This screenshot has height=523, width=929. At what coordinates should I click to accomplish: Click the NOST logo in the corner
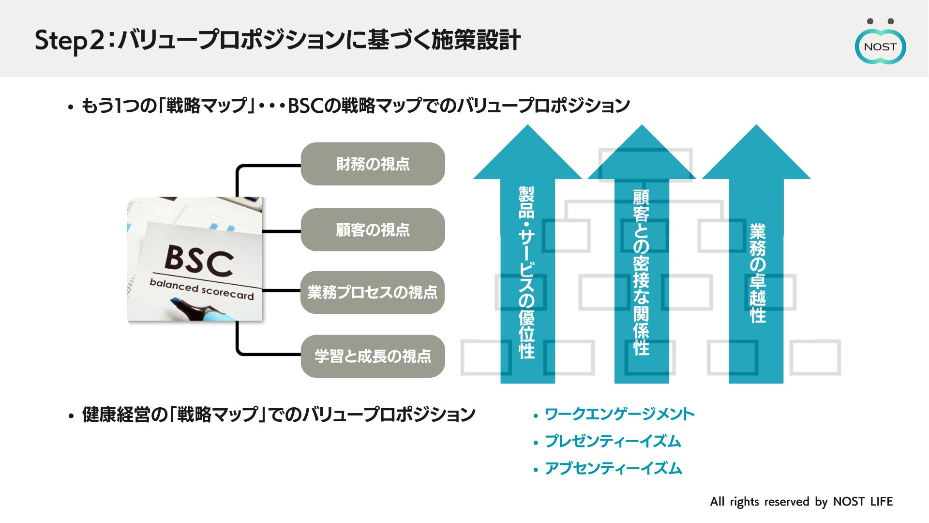(x=880, y=46)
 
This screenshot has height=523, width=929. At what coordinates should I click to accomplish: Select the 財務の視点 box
(x=373, y=164)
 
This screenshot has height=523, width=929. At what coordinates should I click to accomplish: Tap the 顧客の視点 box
(x=373, y=230)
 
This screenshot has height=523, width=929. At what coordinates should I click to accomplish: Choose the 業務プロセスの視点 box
(x=373, y=292)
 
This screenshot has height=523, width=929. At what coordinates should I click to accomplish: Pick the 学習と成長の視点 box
(x=373, y=356)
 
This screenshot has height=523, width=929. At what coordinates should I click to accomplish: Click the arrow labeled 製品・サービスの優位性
(x=527, y=271)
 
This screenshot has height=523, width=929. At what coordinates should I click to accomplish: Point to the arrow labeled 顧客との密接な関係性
(x=642, y=271)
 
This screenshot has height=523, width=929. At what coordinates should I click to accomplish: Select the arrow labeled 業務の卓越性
(x=756, y=271)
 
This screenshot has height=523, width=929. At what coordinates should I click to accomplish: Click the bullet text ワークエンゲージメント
(x=619, y=415)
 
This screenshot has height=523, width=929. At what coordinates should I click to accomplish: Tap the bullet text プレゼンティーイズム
(x=613, y=442)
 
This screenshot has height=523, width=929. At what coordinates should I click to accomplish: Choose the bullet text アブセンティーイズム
(x=613, y=469)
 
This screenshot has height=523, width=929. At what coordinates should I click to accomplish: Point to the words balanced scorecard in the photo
(x=201, y=289)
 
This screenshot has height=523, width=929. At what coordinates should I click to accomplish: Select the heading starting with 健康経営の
(x=279, y=415)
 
